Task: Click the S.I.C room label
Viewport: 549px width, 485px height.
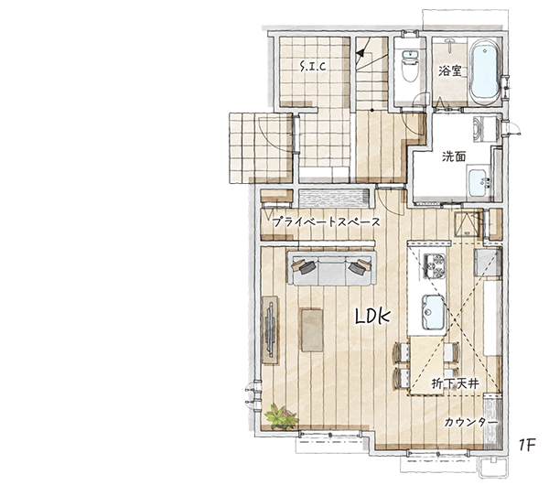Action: [313, 66]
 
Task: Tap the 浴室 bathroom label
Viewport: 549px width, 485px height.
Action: [450, 71]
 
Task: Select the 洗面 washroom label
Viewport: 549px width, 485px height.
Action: [454, 156]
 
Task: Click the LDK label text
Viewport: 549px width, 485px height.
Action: [372, 317]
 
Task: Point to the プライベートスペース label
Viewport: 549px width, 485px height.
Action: [326, 222]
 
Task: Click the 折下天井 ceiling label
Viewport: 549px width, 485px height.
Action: [455, 383]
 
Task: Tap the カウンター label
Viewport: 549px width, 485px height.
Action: [471, 423]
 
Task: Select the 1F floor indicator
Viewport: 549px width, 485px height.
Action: [527, 446]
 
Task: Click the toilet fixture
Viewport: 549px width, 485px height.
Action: [410, 66]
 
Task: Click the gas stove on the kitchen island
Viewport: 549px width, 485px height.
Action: [435, 265]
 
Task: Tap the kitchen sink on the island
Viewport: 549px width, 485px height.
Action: [433, 312]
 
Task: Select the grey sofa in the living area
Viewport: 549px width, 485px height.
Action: [332, 268]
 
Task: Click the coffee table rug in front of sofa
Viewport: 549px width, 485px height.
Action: [312, 329]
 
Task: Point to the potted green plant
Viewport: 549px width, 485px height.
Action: [281, 416]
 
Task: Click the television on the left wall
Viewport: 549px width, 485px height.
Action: [270, 329]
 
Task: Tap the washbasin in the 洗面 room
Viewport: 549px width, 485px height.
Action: [479, 183]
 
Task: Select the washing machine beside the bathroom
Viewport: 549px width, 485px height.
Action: [486, 129]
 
